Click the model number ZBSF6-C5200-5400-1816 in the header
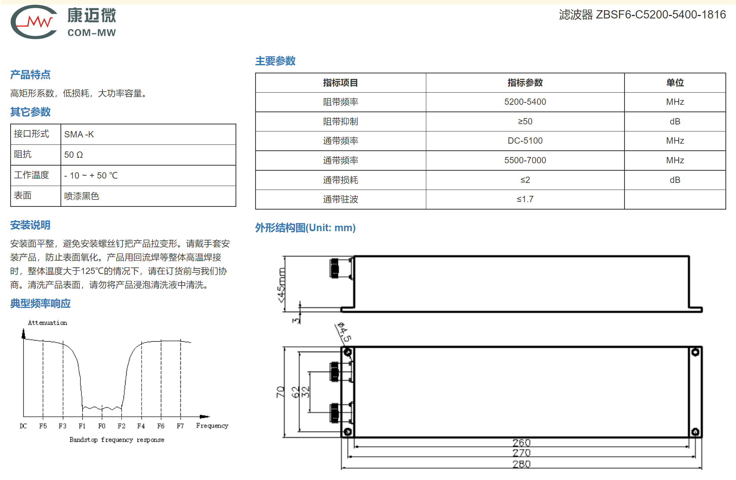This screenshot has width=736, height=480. (x=661, y=15)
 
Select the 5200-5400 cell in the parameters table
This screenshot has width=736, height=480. (x=525, y=102)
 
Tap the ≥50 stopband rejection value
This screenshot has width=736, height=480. (x=525, y=121)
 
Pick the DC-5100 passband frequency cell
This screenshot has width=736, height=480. (x=525, y=141)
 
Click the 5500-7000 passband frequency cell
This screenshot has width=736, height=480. (x=525, y=160)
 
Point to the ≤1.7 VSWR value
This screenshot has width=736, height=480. (x=525, y=199)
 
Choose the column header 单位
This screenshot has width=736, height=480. (x=675, y=83)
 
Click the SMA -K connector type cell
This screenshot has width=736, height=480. (x=79, y=134)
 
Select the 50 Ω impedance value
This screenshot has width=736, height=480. (x=73, y=155)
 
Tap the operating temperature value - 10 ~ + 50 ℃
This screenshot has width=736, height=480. (x=91, y=175)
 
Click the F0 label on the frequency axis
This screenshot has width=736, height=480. (x=102, y=426)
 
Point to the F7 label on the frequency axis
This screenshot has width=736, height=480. (x=180, y=426)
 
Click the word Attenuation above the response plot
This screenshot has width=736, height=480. (x=47, y=323)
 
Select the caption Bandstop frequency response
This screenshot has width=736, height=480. (x=117, y=440)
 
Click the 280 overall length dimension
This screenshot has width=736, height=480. (x=521, y=464)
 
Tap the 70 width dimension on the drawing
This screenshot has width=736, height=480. (x=280, y=392)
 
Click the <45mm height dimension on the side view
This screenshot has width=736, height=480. (x=281, y=285)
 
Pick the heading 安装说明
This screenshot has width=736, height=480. (x=30, y=225)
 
